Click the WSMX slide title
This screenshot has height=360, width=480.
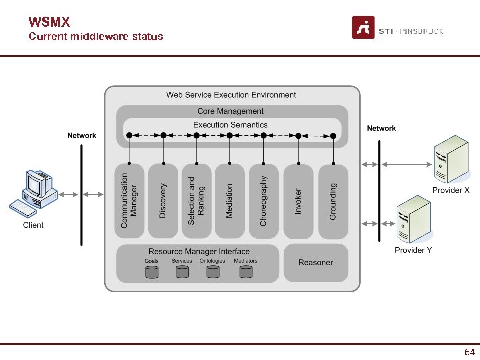pos(49,23)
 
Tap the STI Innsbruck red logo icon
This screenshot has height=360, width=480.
pos(363,28)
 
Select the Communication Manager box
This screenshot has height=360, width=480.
pos(129,200)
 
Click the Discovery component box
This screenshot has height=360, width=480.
pos(163,200)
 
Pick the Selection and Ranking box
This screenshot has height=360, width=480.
pos(196,200)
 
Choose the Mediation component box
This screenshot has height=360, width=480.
pos(230,200)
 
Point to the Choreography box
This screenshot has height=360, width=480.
pos(263,200)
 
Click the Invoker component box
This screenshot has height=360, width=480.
pos(298,200)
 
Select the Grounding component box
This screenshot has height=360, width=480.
pos(333,200)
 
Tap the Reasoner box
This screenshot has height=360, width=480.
pos(315,263)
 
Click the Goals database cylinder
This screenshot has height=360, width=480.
pos(152,272)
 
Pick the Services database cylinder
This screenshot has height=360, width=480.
pos(182,272)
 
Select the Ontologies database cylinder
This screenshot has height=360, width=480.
pos(213,272)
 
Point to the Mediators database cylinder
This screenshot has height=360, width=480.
pos(246,272)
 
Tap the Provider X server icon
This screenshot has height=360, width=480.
pos(451,160)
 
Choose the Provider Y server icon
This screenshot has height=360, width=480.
pos(413,220)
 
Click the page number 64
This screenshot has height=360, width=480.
pos(469,351)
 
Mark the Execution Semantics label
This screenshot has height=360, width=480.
pos(230,125)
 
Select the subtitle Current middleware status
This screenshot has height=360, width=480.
pos(95,37)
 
